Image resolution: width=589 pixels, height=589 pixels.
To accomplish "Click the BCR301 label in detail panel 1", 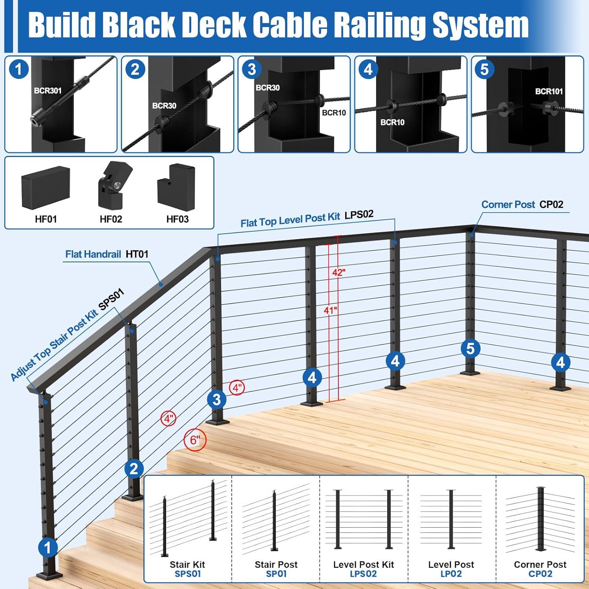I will pyautogui.click(x=48, y=91).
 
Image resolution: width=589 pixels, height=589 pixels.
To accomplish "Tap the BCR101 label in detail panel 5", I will pyautogui.click(x=549, y=91).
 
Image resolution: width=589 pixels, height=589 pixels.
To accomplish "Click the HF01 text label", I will pyautogui.click(x=46, y=219).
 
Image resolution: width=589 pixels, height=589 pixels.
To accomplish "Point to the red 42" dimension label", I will pyautogui.click(x=338, y=272).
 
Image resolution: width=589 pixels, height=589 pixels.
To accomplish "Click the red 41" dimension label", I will pyautogui.click(x=330, y=310).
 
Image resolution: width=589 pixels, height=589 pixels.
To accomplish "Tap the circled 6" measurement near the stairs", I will pyautogui.click(x=195, y=440).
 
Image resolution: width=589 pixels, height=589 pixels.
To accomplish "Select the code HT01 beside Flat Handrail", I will pyautogui.click(x=137, y=254).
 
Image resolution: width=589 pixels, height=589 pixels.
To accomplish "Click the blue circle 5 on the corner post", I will pyautogui.click(x=470, y=348).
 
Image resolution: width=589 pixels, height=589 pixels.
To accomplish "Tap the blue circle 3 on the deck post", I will pyautogui.click(x=216, y=400).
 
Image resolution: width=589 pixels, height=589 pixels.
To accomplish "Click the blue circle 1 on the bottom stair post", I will pyautogui.click(x=48, y=547).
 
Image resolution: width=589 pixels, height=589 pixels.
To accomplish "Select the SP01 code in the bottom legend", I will pyautogui.click(x=276, y=574).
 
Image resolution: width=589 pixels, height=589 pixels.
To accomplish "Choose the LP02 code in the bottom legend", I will pyautogui.click(x=451, y=574).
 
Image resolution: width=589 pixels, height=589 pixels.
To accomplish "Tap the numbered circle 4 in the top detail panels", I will pyautogui.click(x=368, y=70).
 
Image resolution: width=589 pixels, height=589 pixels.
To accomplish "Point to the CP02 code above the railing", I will pyautogui.click(x=551, y=205).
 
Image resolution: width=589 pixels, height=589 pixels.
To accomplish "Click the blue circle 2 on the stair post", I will pyautogui.click(x=134, y=469).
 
